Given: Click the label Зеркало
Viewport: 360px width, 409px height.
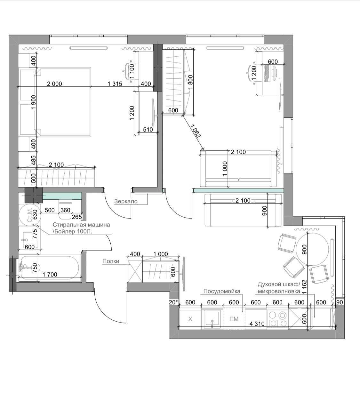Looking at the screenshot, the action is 126,201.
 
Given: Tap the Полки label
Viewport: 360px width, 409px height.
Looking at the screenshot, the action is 111,261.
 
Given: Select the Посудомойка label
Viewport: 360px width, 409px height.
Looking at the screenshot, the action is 222,291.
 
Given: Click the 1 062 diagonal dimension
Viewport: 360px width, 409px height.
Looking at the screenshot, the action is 196,131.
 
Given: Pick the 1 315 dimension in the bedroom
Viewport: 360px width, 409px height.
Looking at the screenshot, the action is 115,84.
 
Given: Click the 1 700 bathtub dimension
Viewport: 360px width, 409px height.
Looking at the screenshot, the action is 50,274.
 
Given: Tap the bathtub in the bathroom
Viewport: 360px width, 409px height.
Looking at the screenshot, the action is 50,268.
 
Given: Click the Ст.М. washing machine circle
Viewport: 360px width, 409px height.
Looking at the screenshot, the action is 30,215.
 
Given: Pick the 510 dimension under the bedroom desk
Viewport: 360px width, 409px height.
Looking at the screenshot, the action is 148,129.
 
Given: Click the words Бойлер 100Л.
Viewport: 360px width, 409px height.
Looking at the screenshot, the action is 73,232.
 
